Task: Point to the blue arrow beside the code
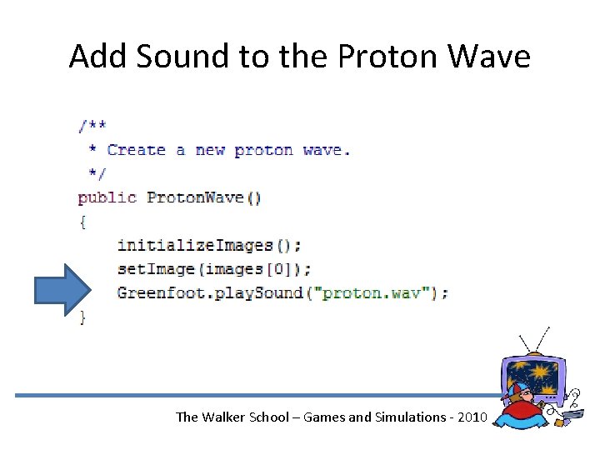62,290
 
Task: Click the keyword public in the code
107,197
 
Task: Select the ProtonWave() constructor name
203,197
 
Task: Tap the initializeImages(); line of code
209,245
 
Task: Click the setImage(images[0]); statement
214,268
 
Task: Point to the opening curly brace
82,221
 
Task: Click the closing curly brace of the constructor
82,316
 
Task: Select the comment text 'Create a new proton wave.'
228,150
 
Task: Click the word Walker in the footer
223,417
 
